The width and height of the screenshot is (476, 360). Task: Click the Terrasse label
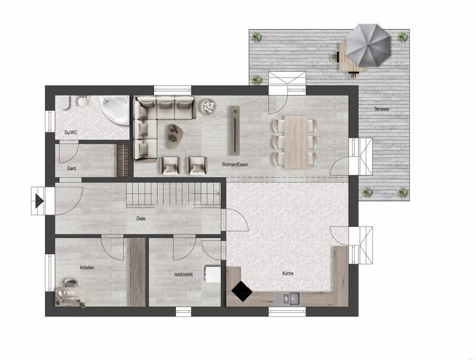[x=382, y=109]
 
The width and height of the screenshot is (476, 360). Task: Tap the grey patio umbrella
[x=368, y=45]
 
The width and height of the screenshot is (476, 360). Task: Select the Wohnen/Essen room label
[x=235, y=165]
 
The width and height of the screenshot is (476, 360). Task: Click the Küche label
[x=288, y=273]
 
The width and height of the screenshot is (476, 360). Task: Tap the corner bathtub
[x=116, y=110]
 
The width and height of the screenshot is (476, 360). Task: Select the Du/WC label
[x=71, y=132]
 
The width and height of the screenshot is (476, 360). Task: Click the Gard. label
[x=72, y=168]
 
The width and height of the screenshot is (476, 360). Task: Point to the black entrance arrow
[x=40, y=201]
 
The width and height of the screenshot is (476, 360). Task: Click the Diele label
[x=141, y=219]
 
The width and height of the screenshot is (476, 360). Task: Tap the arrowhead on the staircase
[x=218, y=193]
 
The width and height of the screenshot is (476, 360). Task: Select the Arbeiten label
[x=87, y=268]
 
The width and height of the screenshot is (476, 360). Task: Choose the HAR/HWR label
[x=184, y=275]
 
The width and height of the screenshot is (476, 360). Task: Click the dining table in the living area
[x=296, y=142]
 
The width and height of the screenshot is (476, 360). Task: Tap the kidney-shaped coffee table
[x=175, y=136]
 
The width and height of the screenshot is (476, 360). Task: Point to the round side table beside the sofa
[x=209, y=106]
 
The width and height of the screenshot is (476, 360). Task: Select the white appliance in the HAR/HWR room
[x=213, y=274]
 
